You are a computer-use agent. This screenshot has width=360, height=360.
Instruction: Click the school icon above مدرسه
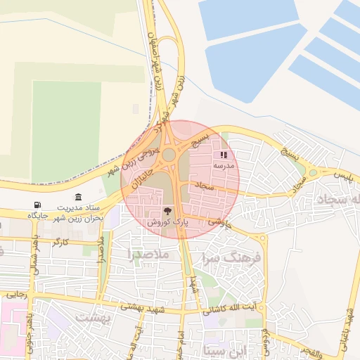coord(224,155)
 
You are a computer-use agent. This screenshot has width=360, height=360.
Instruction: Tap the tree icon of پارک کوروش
coord(167,210)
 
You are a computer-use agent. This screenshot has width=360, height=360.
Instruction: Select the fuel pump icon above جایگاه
coord(37,205)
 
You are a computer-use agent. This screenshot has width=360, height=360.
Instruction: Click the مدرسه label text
coord(224,166)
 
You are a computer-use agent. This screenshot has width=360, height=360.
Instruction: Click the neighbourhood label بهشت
coord(94,318)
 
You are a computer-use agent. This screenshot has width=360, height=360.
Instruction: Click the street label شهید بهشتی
coord(141,307)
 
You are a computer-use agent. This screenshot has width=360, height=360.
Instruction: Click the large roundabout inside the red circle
coord(169,154)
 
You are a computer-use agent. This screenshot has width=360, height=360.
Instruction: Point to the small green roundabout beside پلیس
coord(311,172)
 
